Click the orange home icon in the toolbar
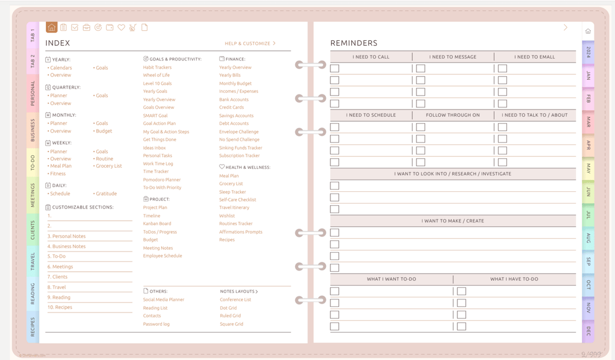point(51,27)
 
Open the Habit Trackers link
point(157,67)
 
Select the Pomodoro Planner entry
point(162,180)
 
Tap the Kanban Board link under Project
point(157,224)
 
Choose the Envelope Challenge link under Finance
point(239,132)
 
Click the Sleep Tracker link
point(233,192)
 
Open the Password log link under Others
point(156,324)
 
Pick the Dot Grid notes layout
point(228,308)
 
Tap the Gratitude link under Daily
point(106,193)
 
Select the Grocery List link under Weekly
point(108,166)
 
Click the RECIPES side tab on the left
point(32,327)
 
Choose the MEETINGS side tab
point(32,195)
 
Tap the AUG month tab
point(588,239)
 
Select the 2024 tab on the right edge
point(588,52)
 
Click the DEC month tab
point(588,331)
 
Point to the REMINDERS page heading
point(353,43)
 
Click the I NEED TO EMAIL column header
point(534,56)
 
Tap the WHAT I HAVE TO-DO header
point(514,279)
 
